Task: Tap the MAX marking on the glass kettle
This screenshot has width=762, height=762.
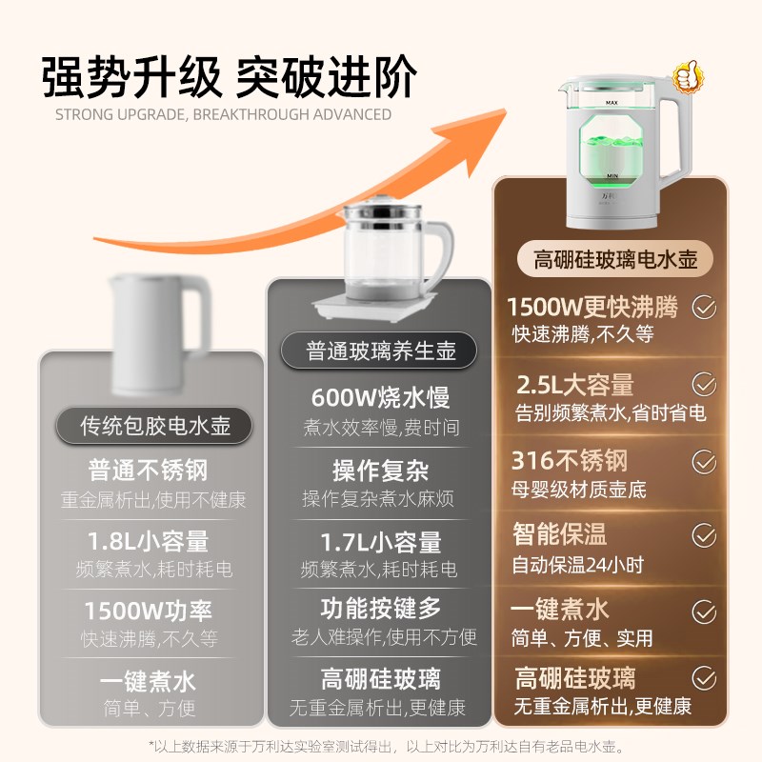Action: [612, 100]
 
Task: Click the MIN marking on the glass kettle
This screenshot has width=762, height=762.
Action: [612, 177]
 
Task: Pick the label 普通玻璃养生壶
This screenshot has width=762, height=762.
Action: [381, 351]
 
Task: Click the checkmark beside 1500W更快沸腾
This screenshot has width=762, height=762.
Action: [704, 307]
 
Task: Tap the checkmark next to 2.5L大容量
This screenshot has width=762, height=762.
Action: [704, 384]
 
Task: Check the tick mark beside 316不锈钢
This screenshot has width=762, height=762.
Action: [704, 461]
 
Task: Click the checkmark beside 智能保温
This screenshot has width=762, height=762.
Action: [704, 533]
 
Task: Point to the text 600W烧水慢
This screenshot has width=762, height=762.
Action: [380, 397]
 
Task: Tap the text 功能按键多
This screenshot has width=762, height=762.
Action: [380, 606]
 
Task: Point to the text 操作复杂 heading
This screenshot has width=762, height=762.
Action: [380, 471]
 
